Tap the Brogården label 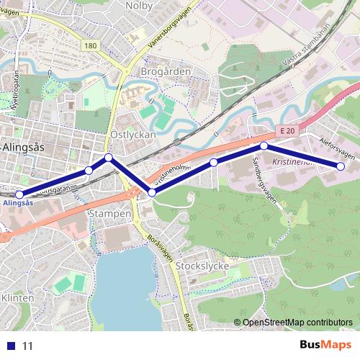click(x=166, y=72)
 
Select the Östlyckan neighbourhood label click(x=129, y=135)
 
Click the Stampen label click(x=109, y=214)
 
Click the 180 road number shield click(x=89, y=46)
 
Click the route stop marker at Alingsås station click(x=19, y=194)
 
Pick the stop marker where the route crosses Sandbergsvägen click(x=264, y=146)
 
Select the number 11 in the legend click(x=28, y=346)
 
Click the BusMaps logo click(x=325, y=345)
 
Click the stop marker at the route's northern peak click(x=108, y=157)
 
